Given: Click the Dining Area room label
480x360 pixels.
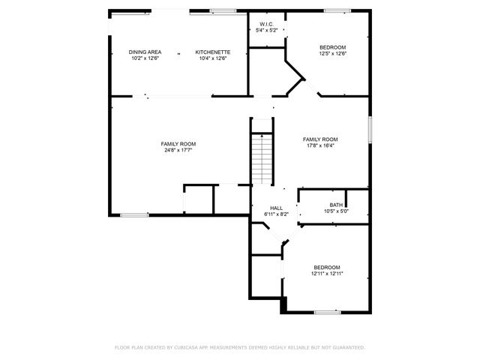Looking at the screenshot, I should coord(145,52).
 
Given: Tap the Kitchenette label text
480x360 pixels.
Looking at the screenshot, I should coord(212,52).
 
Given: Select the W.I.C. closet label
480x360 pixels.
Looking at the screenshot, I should coord(267,24).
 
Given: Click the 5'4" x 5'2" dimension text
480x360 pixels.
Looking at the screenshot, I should coord(267,31).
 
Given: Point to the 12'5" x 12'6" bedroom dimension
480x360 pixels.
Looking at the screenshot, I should coord(331,53).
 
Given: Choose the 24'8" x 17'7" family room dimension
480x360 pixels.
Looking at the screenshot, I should coord(178,150).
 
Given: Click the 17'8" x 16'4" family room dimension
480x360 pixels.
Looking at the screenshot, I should coord(320,145).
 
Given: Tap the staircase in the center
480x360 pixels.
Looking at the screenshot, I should coord(260,158).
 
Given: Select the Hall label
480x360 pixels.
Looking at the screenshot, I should coord(276,208).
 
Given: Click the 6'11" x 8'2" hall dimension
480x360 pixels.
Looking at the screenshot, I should coord(276,214).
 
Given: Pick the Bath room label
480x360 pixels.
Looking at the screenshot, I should coord(336,205).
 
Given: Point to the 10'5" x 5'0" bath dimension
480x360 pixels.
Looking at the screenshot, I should coord(336,211).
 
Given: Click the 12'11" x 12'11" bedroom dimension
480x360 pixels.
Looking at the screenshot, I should coord(327,274).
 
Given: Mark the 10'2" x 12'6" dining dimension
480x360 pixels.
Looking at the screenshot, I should coord(145,58).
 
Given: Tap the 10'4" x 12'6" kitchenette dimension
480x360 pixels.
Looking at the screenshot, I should coord(212,58).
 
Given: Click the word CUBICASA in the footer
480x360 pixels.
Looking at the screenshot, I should coord(188,347).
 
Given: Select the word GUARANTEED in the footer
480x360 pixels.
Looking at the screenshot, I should coord(347,347).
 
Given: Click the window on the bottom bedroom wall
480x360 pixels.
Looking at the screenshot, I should coord(327,311).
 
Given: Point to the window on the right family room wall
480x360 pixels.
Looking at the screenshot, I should coord(370,128).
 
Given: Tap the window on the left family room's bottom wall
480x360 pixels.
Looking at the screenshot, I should coord(134,215).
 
